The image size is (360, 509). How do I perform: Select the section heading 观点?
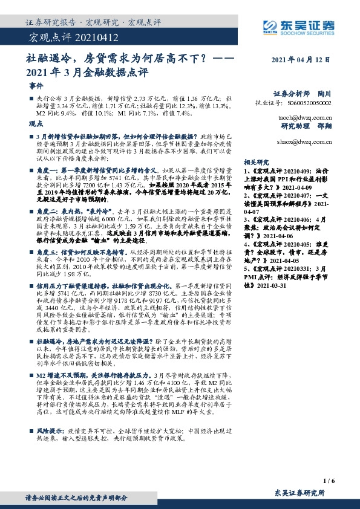click(x=36, y=122)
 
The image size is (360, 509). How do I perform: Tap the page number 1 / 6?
click(x=329, y=481)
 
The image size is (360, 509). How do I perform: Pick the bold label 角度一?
click(x=50, y=172)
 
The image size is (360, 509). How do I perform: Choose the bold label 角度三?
click(x=50, y=250)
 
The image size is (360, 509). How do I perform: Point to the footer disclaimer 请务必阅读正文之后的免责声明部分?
click(x=76, y=498)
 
